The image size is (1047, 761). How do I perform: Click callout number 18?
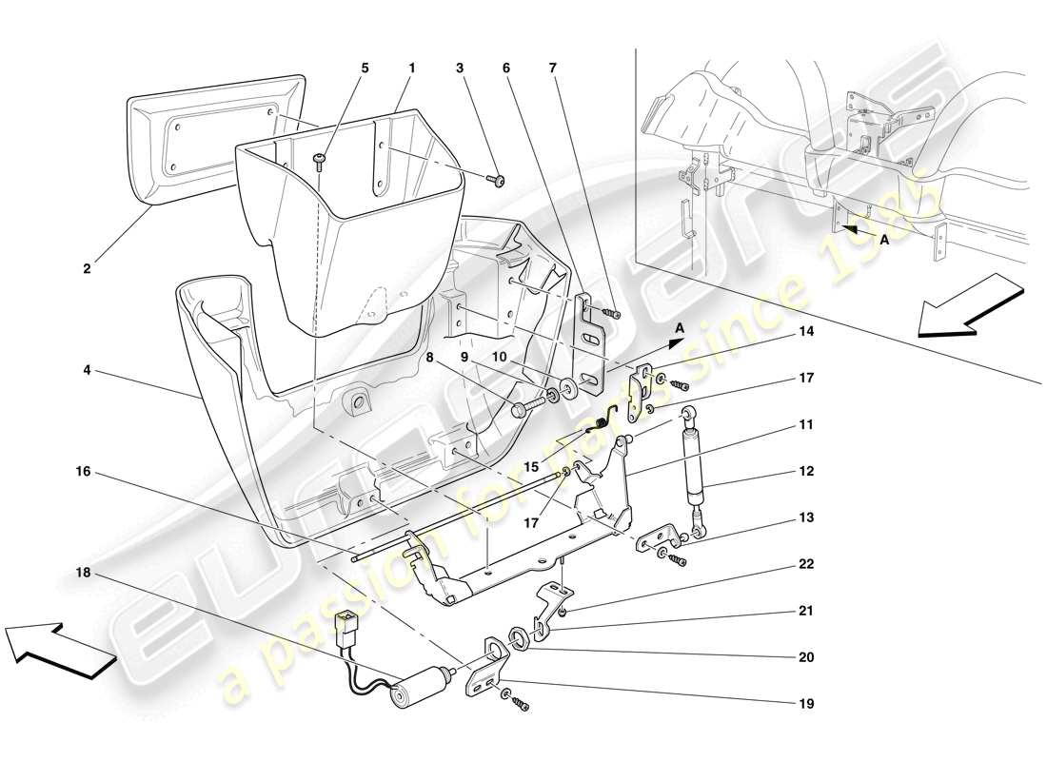coord(85,573)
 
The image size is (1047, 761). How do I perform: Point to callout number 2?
coord(87,269)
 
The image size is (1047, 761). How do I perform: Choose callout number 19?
coord(806,705)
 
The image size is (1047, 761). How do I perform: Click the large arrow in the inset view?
coord(971,305)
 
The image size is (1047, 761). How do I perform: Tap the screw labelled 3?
coord(498,180)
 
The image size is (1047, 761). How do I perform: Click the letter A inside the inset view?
coord(884,242)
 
